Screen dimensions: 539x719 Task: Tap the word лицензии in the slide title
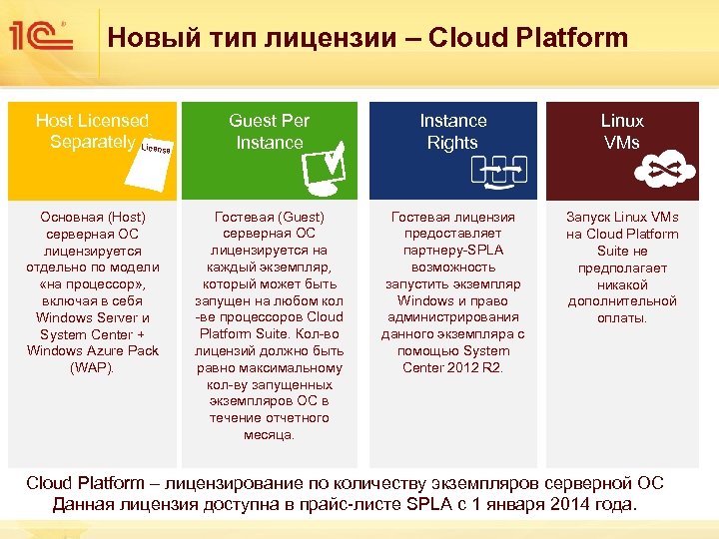(x=337, y=38)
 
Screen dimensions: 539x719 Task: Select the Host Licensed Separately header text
(x=92, y=132)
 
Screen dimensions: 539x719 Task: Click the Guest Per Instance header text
(x=269, y=132)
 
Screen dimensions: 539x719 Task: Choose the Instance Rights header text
(x=452, y=132)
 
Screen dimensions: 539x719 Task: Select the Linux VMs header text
(x=622, y=132)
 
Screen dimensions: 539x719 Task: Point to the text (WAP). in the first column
(x=93, y=367)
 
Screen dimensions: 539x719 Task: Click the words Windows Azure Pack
(x=93, y=350)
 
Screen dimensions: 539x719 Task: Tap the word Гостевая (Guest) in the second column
(x=269, y=217)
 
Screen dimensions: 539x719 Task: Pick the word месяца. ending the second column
(x=269, y=434)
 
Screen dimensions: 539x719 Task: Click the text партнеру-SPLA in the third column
(x=452, y=251)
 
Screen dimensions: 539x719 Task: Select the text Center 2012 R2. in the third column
(x=452, y=367)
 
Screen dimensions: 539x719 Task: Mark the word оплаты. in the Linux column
(x=622, y=317)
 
